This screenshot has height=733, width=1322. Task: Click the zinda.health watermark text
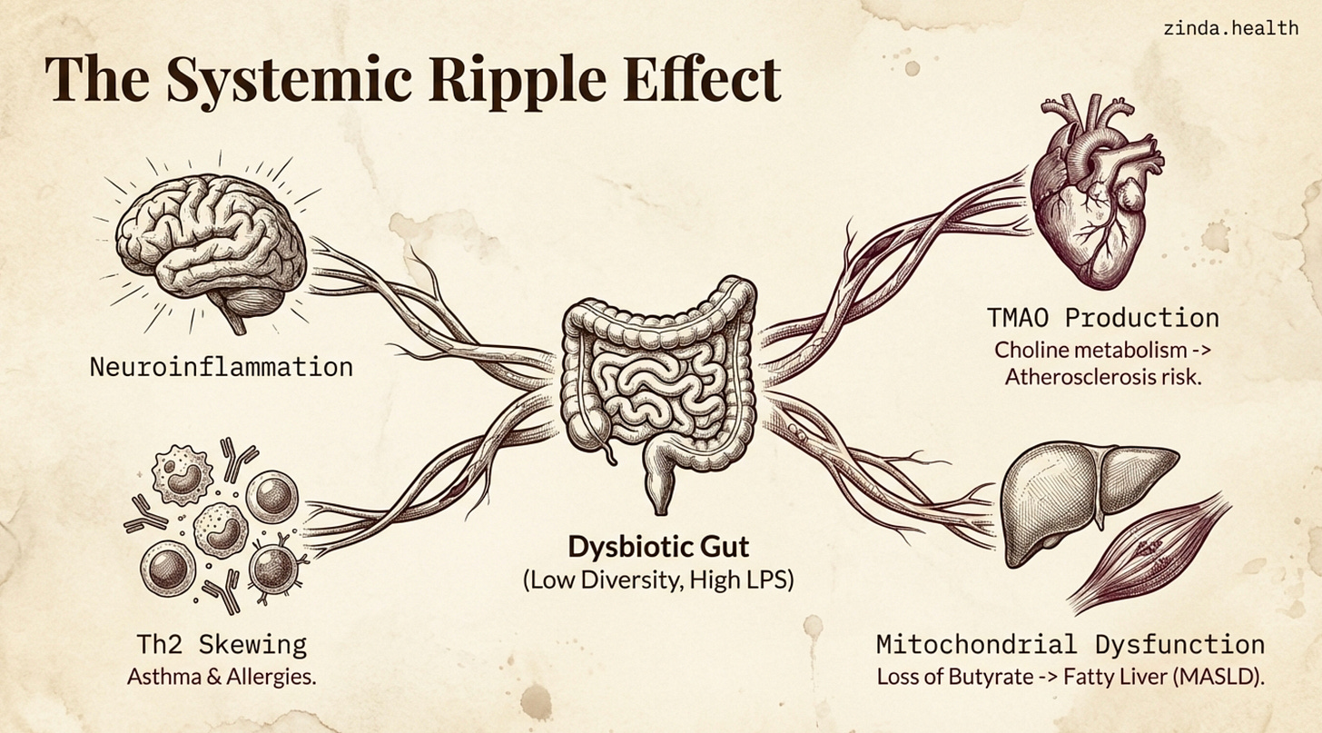1230,28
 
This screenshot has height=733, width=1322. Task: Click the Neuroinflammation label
221,367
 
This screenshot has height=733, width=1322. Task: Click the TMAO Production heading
1102,318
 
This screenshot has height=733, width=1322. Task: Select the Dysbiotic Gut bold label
658,547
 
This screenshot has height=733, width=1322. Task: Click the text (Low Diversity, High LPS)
658,579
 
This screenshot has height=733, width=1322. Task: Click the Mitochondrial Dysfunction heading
1070,645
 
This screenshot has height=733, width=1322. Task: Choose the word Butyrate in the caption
990,677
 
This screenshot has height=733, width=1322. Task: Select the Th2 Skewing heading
222,645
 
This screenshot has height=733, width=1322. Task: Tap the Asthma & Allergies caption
222,677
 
